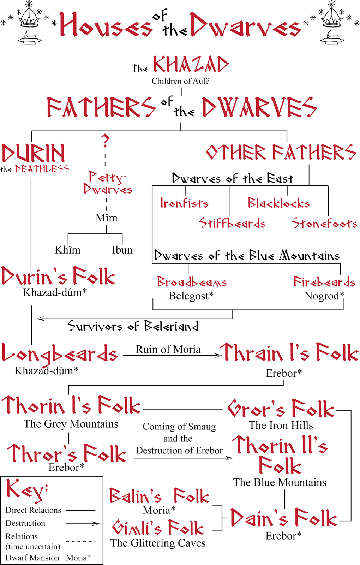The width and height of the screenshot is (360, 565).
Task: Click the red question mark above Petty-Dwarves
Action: click(x=105, y=140)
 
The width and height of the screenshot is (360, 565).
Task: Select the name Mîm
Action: click(x=106, y=218)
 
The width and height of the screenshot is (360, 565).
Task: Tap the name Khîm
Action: click(x=67, y=250)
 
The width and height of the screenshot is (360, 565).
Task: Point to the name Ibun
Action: click(x=122, y=250)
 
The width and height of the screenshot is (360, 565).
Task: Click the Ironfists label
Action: click(x=184, y=203)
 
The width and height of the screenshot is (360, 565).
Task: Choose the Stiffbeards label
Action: click(x=232, y=223)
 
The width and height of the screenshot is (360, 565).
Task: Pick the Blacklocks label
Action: click(x=279, y=203)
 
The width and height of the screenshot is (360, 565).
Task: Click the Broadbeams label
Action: click(x=192, y=282)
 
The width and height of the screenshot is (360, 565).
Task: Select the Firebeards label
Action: click(x=324, y=282)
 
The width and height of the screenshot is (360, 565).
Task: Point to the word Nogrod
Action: click(x=322, y=296)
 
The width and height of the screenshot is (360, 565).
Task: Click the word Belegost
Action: click(x=189, y=296)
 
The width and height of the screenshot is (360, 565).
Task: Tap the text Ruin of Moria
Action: click(x=168, y=349)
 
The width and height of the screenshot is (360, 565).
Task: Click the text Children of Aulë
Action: click(x=180, y=81)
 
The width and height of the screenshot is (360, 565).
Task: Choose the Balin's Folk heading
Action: click(x=159, y=496)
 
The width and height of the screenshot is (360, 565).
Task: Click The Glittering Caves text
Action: click(x=158, y=543)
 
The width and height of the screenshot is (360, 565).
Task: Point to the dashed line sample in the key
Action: click(x=81, y=541)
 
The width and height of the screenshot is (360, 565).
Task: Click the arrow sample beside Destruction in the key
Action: click(x=83, y=523)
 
